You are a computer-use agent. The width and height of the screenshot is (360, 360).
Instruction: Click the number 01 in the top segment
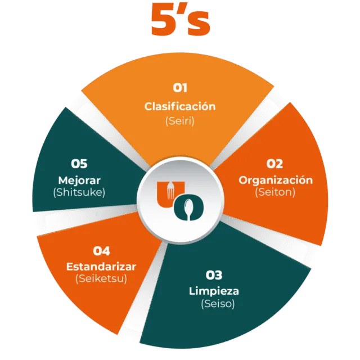point(180,88)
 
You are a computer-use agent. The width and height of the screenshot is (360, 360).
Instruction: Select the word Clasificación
point(180,106)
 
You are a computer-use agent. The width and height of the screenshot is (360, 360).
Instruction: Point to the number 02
point(274,164)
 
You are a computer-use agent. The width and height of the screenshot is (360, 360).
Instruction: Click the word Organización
point(276,180)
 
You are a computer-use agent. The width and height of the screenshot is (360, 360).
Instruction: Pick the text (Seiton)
point(276,192)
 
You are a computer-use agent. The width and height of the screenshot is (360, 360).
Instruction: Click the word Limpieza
point(214,291)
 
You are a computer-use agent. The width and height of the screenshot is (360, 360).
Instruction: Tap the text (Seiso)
point(218,304)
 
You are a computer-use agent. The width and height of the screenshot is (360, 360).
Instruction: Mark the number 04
point(101,251)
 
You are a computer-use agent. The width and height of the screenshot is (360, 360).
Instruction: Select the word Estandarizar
point(101,266)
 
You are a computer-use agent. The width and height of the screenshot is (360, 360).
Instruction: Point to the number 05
point(79,164)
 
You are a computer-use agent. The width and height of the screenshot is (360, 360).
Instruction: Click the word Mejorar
point(79,180)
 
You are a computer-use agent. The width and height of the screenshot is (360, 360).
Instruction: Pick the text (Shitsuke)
point(79,192)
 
